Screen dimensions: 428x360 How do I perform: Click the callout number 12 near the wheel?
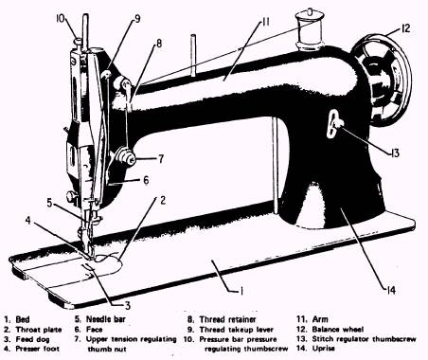(405, 28)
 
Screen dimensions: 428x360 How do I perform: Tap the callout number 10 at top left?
(60, 18)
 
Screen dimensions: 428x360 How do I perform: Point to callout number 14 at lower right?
(390, 290)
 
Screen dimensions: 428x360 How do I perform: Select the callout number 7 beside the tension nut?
(161, 158)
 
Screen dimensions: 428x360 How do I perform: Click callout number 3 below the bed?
(128, 305)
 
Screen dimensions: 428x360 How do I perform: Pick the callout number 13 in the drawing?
(395, 153)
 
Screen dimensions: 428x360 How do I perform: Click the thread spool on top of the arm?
(309, 30)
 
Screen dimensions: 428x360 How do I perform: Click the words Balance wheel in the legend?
(338, 330)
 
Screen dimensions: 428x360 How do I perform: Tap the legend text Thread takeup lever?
(236, 330)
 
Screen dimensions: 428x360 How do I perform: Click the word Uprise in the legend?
(324, 349)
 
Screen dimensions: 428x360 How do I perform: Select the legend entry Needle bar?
(106, 319)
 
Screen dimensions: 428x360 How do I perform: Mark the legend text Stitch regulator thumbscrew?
(364, 339)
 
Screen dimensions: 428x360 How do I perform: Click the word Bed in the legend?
(23, 319)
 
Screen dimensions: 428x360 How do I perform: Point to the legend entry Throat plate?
(39, 330)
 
